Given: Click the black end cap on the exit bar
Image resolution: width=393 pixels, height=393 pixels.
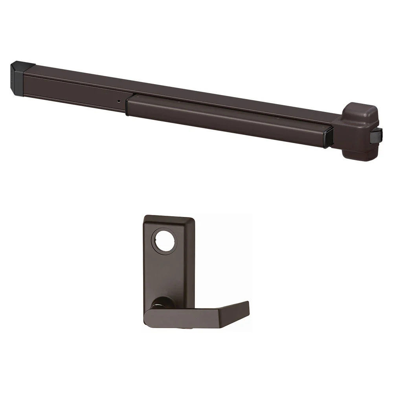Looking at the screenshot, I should click(x=17, y=78).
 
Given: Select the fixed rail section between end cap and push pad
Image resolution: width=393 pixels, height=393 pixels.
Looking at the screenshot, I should click(x=75, y=88).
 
